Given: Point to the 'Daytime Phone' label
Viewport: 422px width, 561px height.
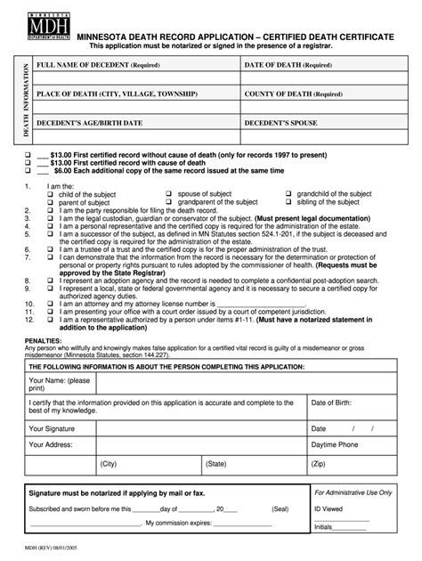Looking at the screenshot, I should pyautogui.click(x=335, y=443).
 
